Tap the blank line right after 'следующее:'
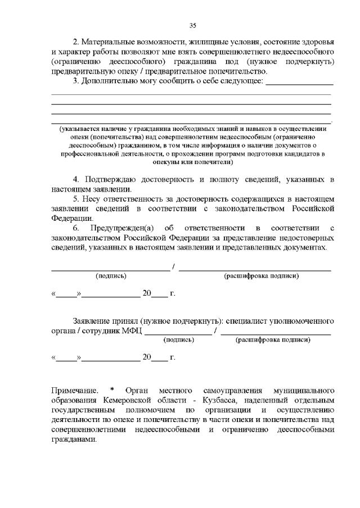299,83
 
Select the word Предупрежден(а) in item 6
125,228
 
